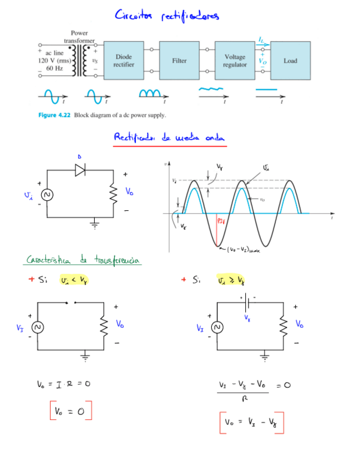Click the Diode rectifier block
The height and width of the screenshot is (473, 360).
click(124, 61)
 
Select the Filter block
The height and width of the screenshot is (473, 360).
click(179, 61)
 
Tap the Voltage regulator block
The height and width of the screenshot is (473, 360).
click(234, 61)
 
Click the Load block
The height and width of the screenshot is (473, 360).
click(290, 61)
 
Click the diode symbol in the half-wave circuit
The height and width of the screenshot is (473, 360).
click(80, 170)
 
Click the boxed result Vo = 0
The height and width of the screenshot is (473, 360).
click(70, 412)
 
